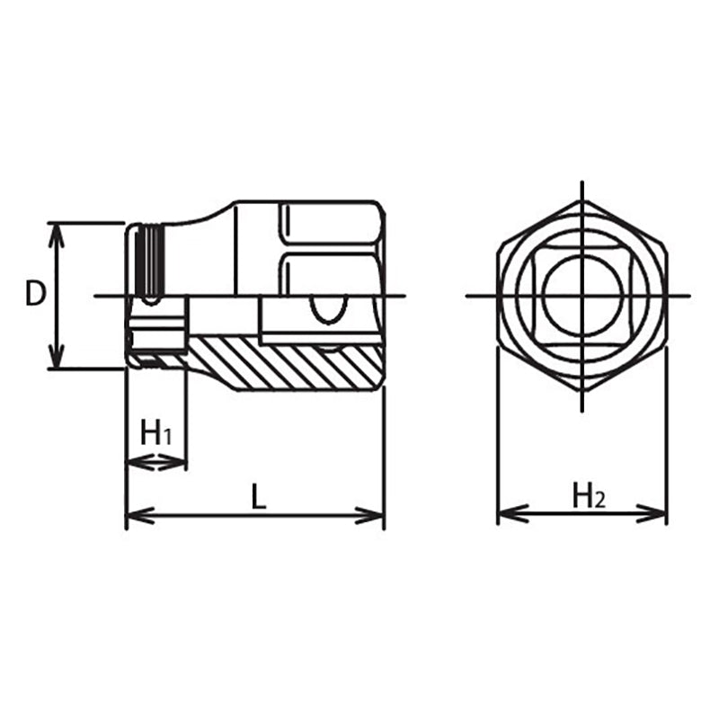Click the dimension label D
click(x=35, y=294)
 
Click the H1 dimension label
click(x=156, y=434)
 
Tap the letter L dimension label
click(x=258, y=497)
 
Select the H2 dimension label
click(x=590, y=495)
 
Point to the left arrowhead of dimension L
click(x=134, y=516)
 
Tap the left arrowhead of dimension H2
click(x=506, y=514)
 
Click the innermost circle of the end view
click(x=582, y=294)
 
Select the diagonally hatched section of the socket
click(x=288, y=364)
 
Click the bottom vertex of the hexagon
click(x=582, y=390)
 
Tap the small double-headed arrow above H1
click(x=156, y=463)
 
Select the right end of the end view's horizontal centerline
click(x=688, y=295)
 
